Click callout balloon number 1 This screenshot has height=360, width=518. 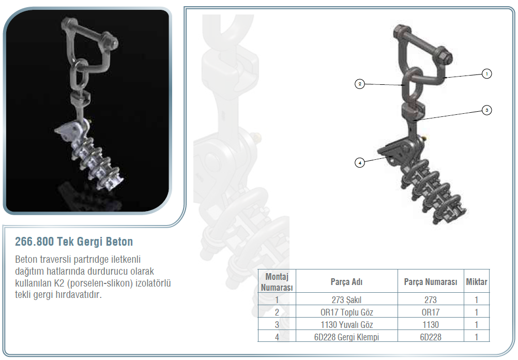[x=486, y=73]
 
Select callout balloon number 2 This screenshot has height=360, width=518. [x=360, y=84]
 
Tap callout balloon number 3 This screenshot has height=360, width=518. [x=486, y=110]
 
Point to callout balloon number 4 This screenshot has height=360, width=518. [x=360, y=162]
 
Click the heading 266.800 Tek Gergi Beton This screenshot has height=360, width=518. [x=74, y=242]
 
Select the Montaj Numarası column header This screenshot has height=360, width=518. [x=277, y=282]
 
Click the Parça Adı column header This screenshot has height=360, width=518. [x=346, y=282]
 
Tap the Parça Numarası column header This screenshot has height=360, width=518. [x=431, y=282]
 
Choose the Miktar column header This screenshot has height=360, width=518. [x=476, y=282]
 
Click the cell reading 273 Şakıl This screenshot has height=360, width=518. [x=346, y=300]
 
